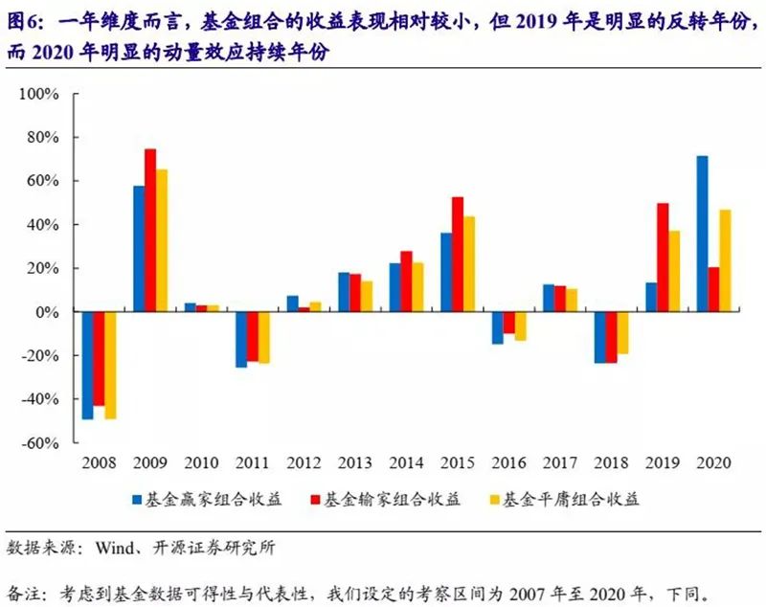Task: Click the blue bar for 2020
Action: click(702, 234)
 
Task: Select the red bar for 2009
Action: click(150, 230)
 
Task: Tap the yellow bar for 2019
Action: click(675, 271)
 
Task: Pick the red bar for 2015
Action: click(458, 254)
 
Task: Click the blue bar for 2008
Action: click(88, 365)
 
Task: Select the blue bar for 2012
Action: click(292, 303)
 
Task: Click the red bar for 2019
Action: click(663, 257)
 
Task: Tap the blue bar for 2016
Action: click(498, 327)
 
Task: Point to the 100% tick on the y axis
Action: click(43, 94)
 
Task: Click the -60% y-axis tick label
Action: click(43, 443)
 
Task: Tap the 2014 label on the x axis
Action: click(407, 463)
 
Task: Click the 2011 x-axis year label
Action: click(253, 463)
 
